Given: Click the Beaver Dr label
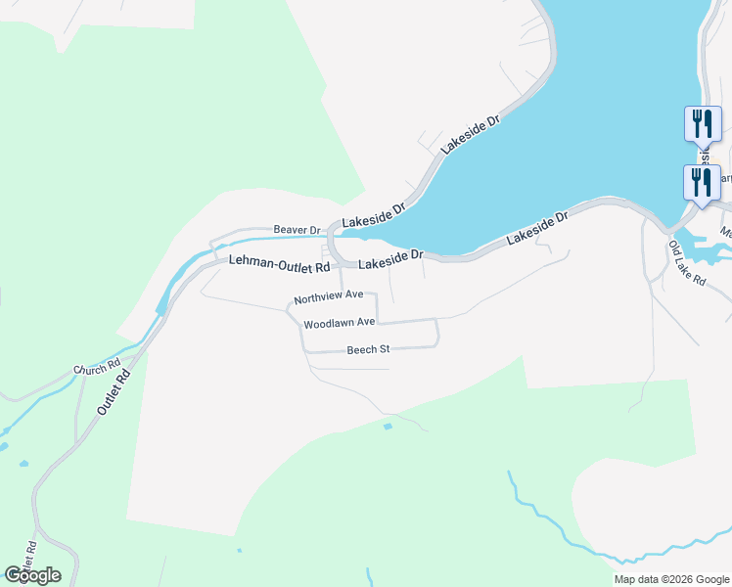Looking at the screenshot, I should pos(297,230).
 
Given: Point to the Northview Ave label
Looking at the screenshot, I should pos(329,294).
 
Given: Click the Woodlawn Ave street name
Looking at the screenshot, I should pos(339,323).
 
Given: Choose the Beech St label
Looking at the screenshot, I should pos(368,349).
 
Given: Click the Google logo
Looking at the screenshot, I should pos(32,574).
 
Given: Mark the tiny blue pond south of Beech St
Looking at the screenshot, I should pos(389,427).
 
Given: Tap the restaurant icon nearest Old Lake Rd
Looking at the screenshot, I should pos(702,184).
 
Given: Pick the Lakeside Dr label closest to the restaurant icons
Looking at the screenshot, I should pos(536,228).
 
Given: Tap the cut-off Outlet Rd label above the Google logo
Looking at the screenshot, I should pos(29,554).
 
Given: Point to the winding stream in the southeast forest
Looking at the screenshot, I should pos(548,519).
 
